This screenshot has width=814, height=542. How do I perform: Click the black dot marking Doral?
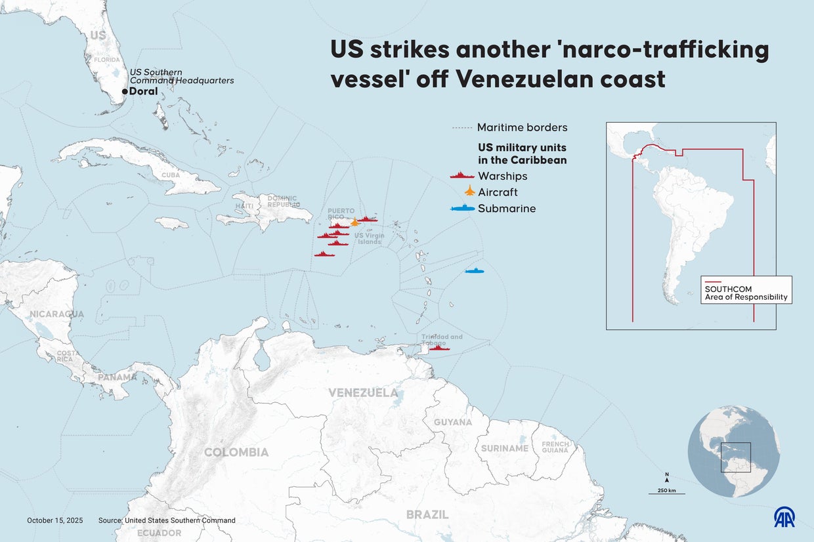coord(125,92)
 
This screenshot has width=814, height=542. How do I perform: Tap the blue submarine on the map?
coord(475,271)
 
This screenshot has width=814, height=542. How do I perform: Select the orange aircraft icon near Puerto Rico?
coord(355,222)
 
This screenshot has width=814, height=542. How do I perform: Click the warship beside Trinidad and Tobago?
coord(439,348)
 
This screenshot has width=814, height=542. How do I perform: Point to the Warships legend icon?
coord(462,176)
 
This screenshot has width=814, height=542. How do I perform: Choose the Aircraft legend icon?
coord(469,192)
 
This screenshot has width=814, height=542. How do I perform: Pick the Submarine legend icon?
coord(462,209)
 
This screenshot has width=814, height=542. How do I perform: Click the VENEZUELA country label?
coord(363,393)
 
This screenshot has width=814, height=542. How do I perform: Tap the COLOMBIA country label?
coord(236,452)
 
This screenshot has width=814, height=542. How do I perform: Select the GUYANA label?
coord(452,423)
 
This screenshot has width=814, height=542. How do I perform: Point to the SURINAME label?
coord(504,449)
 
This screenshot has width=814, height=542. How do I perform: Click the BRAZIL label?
coord(427,514)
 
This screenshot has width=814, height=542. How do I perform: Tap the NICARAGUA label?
coord(56,314)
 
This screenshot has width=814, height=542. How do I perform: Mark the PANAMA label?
coord(118,378)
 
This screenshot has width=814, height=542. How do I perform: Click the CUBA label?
coord(171,176)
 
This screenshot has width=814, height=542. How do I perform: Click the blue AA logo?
coord(784,517)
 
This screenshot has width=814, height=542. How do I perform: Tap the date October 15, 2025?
coord(55,520)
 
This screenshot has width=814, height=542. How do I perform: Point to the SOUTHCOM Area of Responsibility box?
coord(746,289)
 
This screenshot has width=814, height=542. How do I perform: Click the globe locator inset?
coord(734,451)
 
